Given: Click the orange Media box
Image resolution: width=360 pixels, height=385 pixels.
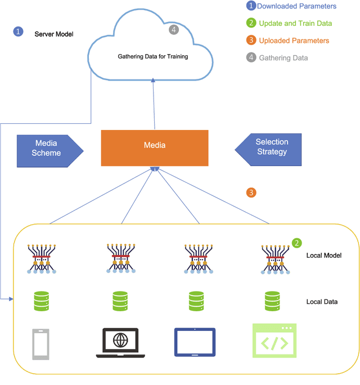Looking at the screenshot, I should [x=155, y=148].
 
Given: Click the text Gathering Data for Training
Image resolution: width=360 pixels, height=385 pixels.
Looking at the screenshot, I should [x=153, y=56].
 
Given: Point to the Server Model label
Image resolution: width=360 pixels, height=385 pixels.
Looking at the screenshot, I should [x=54, y=34].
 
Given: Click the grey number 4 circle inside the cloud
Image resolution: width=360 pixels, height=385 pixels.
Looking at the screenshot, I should [x=174, y=29].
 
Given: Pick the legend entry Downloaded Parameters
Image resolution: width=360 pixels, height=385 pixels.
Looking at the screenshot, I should [x=296, y=7].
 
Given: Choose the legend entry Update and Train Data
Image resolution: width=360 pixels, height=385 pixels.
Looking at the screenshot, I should [x=295, y=24].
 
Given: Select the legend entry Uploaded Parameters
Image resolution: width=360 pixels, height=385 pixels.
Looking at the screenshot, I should [x=294, y=41].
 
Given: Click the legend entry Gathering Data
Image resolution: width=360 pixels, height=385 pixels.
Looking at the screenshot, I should [x=283, y=57].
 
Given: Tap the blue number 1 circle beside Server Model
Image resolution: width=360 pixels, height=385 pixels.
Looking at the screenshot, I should [x=19, y=32].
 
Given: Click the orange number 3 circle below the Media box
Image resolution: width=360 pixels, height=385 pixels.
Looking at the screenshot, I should [x=251, y=192].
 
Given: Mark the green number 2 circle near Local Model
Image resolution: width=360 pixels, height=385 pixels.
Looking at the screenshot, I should [x=296, y=243].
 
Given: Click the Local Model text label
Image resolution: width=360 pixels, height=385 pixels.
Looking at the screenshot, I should [x=324, y=256].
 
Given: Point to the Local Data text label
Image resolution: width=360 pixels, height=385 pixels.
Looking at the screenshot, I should [x=322, y=302].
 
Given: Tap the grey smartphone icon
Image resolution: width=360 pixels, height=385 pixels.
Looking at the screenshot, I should [x=41, y=343].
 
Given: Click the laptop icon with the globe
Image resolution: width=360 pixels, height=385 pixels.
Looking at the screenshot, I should [x=120, y=342].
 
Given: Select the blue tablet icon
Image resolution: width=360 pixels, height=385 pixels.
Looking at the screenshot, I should [x=195, y=342].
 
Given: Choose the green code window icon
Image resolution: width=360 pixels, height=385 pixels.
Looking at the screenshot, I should [x=274, y=341].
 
